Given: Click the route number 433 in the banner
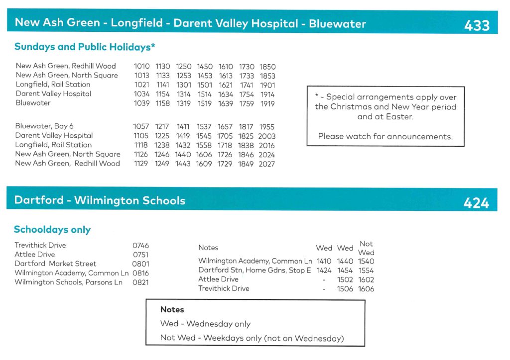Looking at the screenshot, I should tap(477, 25).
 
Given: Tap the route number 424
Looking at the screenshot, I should tap(476, 203).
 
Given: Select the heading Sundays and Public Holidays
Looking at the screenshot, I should tap(85, 47).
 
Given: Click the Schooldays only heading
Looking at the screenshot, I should tap(52, 230).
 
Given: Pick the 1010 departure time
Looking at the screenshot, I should tap(141, 66).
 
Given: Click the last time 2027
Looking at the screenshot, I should tap(266, 164).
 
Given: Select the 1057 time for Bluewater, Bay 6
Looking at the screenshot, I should tap(141, 127).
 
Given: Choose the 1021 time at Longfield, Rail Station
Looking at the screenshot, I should tap(141, 85).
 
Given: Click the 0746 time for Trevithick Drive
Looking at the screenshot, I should tap(140, 246).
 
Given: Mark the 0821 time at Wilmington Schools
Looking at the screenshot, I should tap(140, 282).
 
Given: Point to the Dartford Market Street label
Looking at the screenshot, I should tap(55, 264).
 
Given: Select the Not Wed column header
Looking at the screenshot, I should tap(366, 248).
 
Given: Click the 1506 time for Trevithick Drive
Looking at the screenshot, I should tap(345, 289).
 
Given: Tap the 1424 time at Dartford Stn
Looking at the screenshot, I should tap(324, 270).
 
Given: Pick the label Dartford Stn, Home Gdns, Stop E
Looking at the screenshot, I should tap(255, 270).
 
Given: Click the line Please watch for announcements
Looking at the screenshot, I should tap(385, 136).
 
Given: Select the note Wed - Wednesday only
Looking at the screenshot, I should tap(205, 324).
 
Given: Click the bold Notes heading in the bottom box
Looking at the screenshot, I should tap(172, 310).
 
